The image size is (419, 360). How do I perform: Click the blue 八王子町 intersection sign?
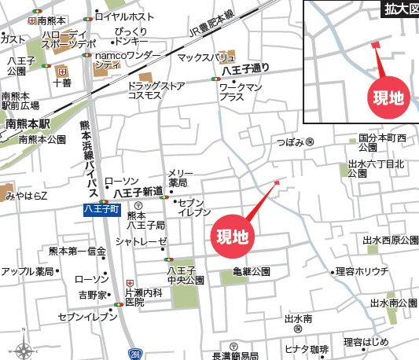pyautogui.click(x=102, y=209)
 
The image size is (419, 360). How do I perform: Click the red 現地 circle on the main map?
pyautogui.click(x=233, y=237)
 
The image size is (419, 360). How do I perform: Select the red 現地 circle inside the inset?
pyautogui.click(x=388, y=97)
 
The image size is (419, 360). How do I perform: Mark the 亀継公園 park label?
pyautogui.click(x=252, y=272)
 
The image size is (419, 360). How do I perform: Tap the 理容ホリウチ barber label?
pyautogui.click(x=362, y=272)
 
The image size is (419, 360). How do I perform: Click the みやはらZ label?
pyautogui.click(x=24, y=195)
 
